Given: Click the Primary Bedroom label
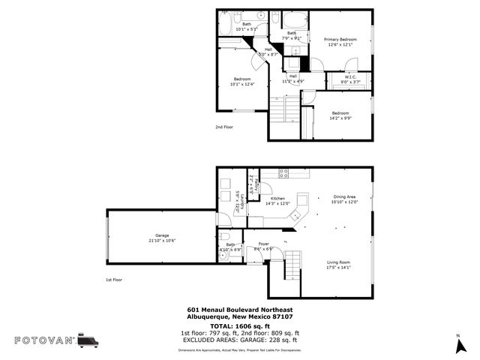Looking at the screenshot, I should [340, 39].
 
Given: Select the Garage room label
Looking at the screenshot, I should [161, 235].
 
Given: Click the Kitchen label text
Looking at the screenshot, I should [278, 199].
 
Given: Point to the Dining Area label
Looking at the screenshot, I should [344, 196].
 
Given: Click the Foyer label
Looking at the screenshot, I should [263, 244].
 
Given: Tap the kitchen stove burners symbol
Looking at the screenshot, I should [284, 173].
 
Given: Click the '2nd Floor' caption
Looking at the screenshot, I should [224, 127].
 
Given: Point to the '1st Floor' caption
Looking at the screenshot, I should [115, 280].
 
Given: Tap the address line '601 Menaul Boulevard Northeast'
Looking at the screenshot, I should [240, 310].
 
